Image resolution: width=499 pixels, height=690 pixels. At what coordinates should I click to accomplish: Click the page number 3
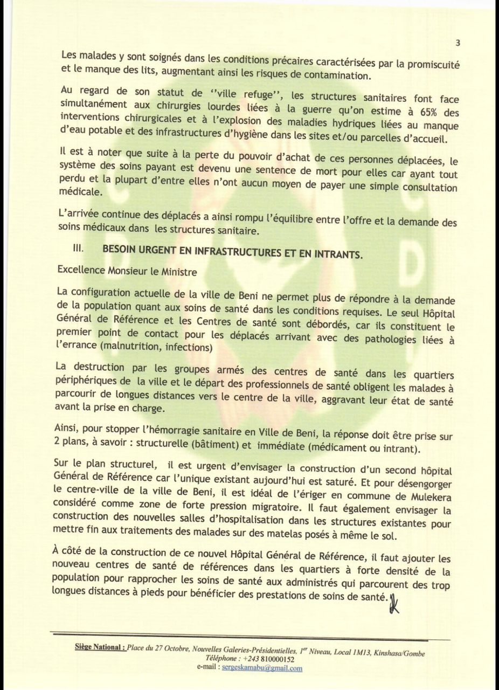click(458, 43)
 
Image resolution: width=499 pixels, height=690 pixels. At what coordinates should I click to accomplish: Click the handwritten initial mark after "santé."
click(393, 600)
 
